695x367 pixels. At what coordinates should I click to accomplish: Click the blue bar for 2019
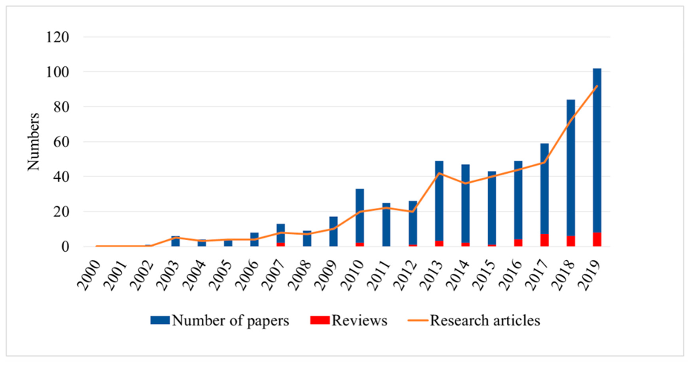[x=597, y=150]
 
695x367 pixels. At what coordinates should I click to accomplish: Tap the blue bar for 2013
[x=439, y=201]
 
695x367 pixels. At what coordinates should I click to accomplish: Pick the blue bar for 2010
[x=360, y=216]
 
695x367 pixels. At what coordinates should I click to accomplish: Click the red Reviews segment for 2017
[x=544, y=240]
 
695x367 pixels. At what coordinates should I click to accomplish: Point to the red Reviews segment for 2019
[x=597, y=239]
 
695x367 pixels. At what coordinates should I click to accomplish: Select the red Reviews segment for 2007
[x=281, y=244]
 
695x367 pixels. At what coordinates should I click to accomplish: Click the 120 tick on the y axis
[x=58, y=37]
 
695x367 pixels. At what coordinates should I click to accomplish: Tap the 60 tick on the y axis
[x=62, y=142]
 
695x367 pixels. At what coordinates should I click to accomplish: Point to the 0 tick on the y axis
[x=65, y=247]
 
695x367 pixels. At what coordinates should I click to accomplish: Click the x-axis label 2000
[x=88, y=275]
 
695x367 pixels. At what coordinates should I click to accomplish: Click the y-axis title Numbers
[x=33, y=142]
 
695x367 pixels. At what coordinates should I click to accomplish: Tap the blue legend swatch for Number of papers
[x=160, y=320]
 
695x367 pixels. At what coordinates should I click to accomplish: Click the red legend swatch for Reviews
[x=319, y=320]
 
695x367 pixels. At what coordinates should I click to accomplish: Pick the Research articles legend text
[x=485, y=320]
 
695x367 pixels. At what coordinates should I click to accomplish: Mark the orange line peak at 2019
[x=597, y=86]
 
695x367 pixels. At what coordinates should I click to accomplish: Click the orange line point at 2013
[x=439, y=173]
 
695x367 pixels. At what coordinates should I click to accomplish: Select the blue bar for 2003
[x=175, y=241]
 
